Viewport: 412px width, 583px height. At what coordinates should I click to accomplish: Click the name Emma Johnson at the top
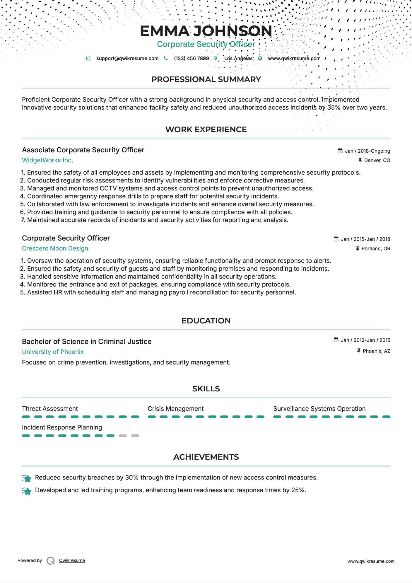click(206, 31)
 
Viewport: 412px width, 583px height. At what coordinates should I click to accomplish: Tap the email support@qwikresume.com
click(127, 58)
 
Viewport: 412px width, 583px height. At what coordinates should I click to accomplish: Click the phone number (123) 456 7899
click(191, 58)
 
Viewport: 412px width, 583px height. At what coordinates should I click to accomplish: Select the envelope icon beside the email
click(89, 58)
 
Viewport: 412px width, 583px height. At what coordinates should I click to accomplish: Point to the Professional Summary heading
click(206, 79)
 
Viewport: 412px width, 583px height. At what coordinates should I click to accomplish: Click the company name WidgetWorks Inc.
click(47, 160)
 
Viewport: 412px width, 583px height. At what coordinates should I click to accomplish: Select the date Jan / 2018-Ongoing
click(367, 151)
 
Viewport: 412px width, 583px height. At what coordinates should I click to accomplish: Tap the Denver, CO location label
click(377, 160)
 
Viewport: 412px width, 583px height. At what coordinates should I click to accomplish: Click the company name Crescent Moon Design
click(55, 248)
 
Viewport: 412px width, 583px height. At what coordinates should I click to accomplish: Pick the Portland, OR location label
click(376, 248)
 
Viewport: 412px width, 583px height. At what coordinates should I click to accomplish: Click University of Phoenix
click(53, 352)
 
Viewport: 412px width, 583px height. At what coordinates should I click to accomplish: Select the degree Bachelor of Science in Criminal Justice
click(87, 342)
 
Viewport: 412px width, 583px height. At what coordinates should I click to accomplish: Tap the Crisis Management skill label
click(175, 409)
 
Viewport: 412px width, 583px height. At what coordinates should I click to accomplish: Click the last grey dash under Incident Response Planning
click(135, 436)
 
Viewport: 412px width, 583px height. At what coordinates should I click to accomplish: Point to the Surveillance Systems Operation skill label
click(319, 409)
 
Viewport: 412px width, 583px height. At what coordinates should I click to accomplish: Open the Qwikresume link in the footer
click(72, 560)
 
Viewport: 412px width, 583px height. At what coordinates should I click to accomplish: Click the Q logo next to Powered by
click(51, 561)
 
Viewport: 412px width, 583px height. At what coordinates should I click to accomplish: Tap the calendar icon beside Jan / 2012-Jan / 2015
click(336, 340)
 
